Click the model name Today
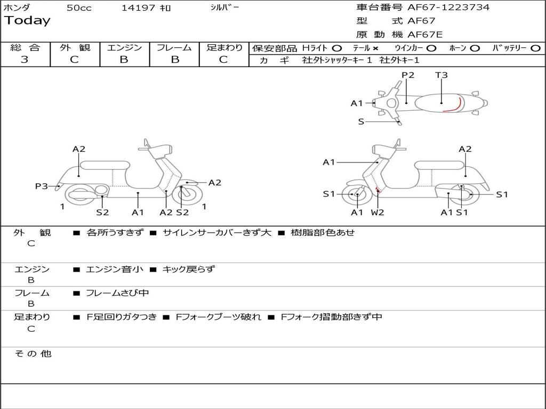27,21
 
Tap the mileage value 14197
139,8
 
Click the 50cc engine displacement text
79,8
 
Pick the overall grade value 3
25,60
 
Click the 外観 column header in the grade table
75,47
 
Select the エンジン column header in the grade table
124,47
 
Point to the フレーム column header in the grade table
174,47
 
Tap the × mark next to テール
375,48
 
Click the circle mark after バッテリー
536,48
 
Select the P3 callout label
42,186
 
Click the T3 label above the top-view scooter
441,75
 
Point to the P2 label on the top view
408,75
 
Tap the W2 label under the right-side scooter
378,212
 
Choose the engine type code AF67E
425,35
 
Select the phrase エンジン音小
115,269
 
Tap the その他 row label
33,354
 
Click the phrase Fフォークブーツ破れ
218,317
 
